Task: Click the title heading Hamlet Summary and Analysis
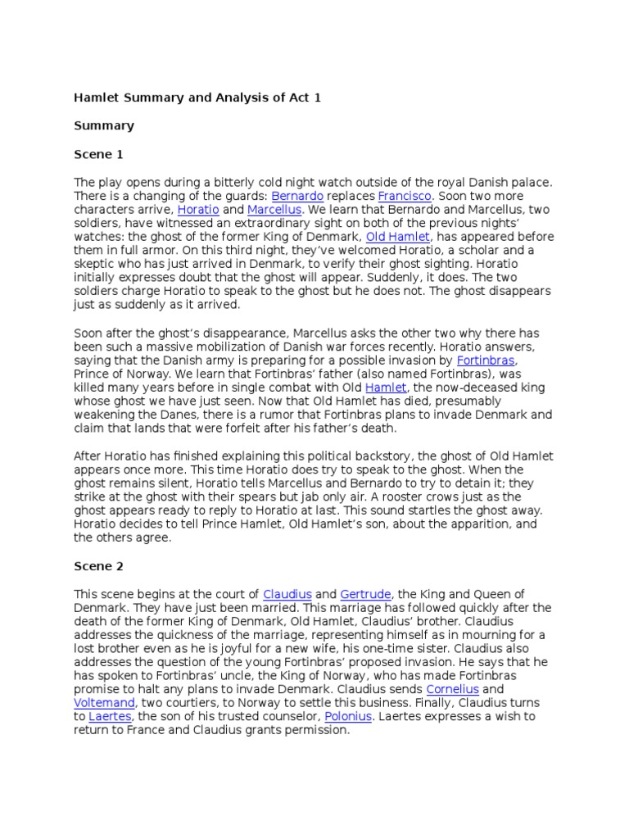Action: [197, 98]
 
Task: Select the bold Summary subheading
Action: [104, 126]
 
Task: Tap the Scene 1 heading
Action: [99, 154]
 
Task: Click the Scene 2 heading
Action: [99, 565]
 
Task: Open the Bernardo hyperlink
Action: [296, 197]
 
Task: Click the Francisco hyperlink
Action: [405, 197]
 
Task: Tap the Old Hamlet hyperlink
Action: [397, 238]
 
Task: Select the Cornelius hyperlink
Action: [452, 690]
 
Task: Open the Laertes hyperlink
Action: [110, 717]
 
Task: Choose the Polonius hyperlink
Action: [349, 717]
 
